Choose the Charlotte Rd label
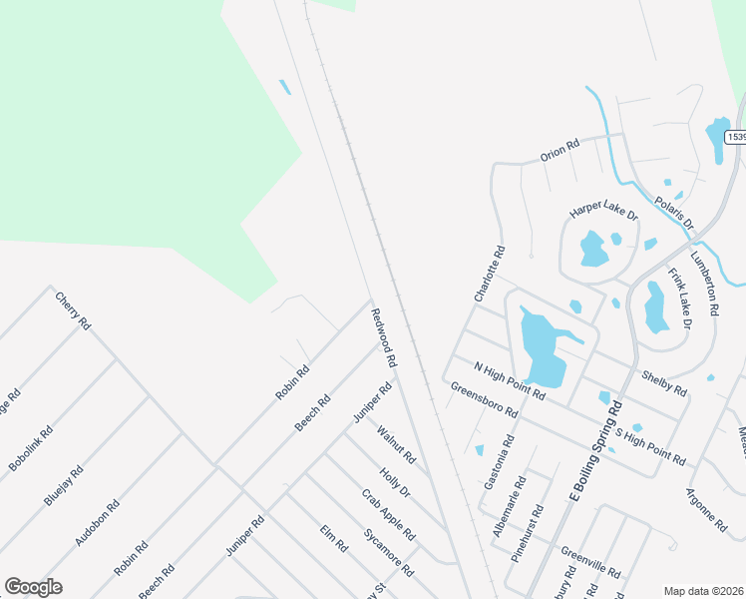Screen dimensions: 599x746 pos(490,275)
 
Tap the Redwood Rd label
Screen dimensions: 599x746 pos(384,337)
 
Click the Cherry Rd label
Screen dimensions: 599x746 pos(73,311)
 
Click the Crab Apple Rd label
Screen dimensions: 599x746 pos(388,515)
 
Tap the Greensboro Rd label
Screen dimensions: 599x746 pos(484,399)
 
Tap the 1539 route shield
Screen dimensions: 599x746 pos(737,137)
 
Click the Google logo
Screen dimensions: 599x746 pos(33,587)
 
